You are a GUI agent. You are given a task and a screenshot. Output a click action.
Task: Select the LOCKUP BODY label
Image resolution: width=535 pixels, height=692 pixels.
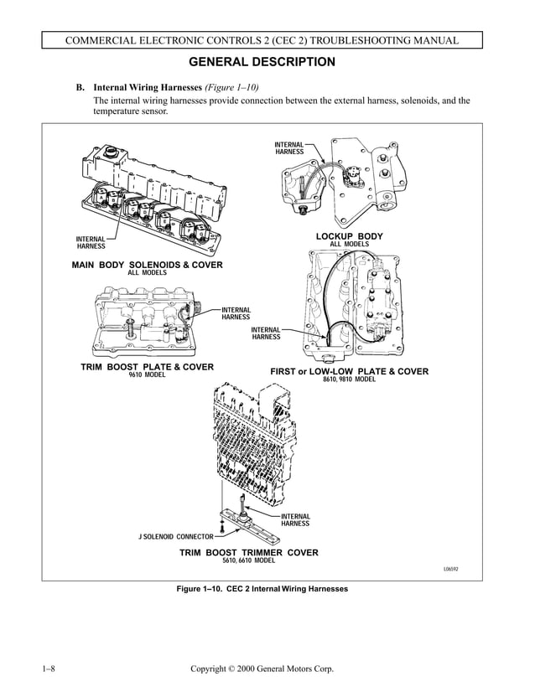(x=349, y=236)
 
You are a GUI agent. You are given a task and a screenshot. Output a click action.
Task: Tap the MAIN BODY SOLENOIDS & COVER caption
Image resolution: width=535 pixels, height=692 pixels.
(x=148, y=265)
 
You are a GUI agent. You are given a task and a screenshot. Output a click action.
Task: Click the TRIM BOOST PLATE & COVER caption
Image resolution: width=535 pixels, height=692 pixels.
(x=147, y=367)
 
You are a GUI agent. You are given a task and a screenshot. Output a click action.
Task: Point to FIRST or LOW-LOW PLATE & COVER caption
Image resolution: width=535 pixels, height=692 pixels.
(x=349, y=371)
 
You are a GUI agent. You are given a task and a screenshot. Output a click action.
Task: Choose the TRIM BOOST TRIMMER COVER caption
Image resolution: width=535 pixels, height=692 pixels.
(x=248, y=553)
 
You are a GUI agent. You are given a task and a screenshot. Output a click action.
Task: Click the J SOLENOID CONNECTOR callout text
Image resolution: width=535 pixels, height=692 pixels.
(x=176, y=536)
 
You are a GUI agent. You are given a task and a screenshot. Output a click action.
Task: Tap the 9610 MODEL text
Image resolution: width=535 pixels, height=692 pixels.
(x=147, y=375)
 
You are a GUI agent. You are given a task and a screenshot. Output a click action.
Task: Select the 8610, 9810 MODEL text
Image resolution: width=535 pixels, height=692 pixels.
(x=349, y=380)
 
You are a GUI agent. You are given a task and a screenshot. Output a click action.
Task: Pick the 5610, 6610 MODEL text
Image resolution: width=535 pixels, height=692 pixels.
(x=248, y=561)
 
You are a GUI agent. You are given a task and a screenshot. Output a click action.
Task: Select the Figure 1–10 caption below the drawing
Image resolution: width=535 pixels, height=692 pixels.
(x=262, y=589)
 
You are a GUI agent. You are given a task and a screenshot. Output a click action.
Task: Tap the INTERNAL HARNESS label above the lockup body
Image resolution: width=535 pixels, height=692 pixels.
(x=289, y=148)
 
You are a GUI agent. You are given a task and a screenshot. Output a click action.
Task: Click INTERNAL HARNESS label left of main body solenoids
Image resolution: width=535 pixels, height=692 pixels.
(x=91, y=243)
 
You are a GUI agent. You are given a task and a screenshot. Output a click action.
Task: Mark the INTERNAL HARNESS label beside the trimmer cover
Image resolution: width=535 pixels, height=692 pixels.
(x=295, y=519)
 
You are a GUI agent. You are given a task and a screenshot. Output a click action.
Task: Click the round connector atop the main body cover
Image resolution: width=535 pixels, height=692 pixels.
(x=112, y=156)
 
